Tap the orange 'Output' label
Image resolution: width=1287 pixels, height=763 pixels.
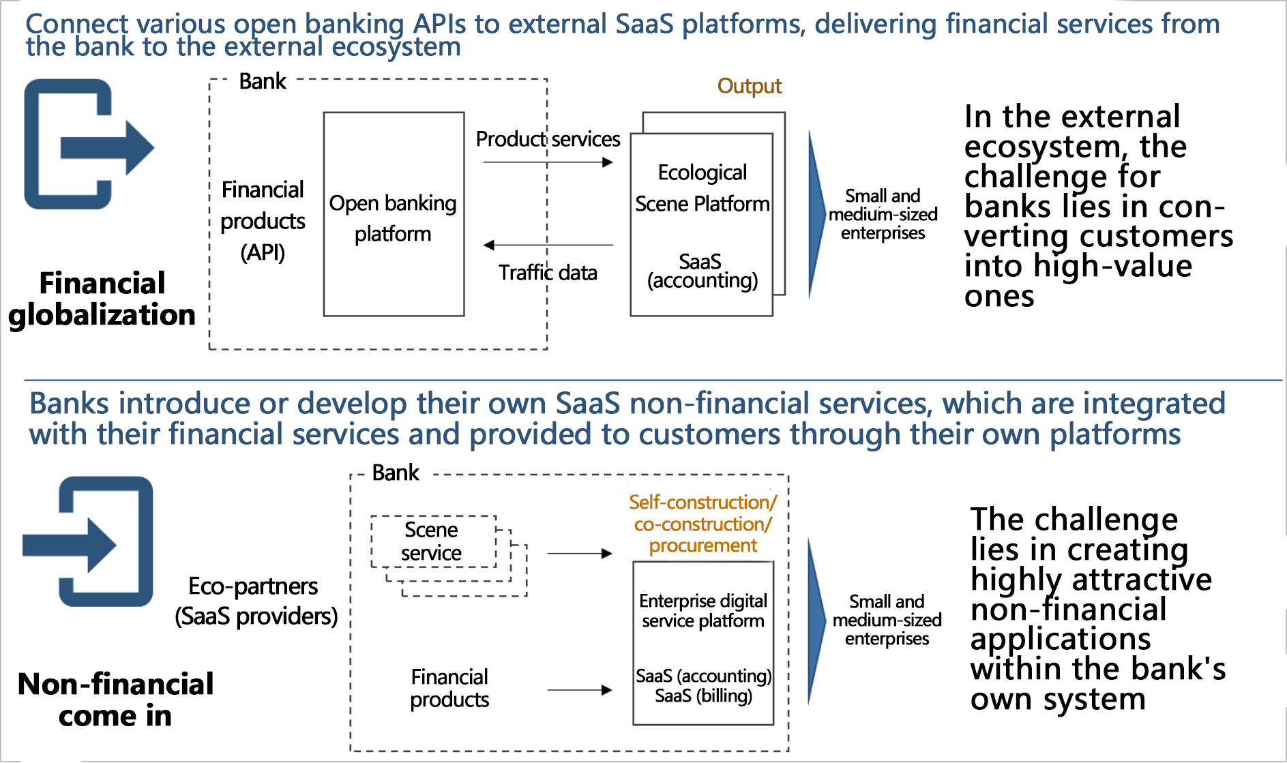[749, 87]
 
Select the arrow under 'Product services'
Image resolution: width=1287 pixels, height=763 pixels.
[548, 162]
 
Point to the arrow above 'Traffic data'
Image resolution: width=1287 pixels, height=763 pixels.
[548, 245]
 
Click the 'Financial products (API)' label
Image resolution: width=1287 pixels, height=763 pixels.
[263, 221]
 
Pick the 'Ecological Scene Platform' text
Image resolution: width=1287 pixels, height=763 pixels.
[702, 188]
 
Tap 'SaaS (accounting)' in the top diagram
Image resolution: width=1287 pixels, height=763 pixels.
[702, 271]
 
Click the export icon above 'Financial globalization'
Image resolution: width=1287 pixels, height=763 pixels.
[89, 144]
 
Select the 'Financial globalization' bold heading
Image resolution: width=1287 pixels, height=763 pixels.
[102, 299]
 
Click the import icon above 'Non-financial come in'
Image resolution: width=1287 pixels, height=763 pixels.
[88, 541]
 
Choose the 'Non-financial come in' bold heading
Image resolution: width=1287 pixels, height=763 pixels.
[115, 700]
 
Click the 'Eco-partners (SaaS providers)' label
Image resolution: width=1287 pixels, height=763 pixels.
[256, 601]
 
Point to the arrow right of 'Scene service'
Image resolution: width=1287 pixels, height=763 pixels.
[580, 554]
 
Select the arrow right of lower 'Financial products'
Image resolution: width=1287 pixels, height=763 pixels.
[580, 690]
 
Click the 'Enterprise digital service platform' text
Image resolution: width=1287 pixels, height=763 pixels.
[703, 611]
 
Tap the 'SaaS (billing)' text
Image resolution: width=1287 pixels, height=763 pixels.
[703, 695]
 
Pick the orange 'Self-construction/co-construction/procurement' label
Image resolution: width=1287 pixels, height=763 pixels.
[703, 524]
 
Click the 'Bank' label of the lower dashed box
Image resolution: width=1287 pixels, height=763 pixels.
[396, 473]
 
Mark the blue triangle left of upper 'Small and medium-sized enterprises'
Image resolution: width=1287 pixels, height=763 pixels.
[817, 214]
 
